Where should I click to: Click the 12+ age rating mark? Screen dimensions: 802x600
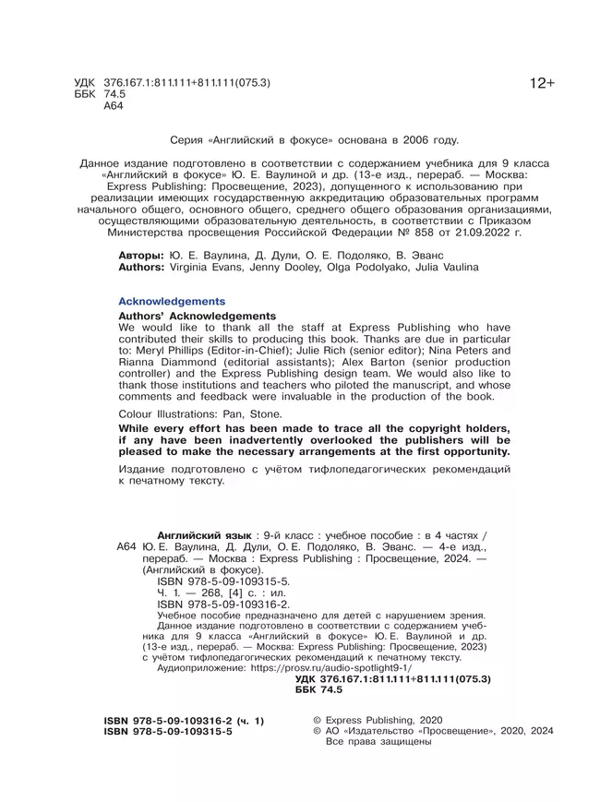[x=542, y=84]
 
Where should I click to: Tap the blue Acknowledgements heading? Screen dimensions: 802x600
[x=172, y=302]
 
